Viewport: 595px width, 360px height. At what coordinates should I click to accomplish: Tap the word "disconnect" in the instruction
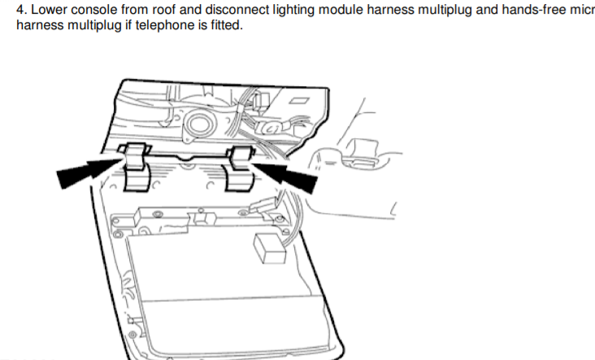tap(237, 10)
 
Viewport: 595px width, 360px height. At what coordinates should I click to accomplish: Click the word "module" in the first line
tap(341, 10)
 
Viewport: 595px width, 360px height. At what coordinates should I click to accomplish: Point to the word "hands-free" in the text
tap(533, 10)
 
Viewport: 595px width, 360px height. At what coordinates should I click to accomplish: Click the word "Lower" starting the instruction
tap(49, 10)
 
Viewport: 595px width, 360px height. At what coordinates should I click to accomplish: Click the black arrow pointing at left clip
tap(90, 173)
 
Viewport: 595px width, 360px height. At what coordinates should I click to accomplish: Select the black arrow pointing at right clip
tap(284, 177)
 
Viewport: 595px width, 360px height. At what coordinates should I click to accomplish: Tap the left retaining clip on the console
tap(137, 167)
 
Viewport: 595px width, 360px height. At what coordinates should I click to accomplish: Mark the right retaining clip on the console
tap(241, 168)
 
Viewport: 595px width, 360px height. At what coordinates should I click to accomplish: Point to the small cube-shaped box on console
tap(269, 249)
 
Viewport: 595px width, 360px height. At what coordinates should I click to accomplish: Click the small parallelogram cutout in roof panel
tap(299, 100)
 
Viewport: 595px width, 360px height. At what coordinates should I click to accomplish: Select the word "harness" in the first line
tap(390, 10)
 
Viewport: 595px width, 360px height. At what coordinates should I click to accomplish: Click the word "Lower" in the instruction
tap(49, 10)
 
